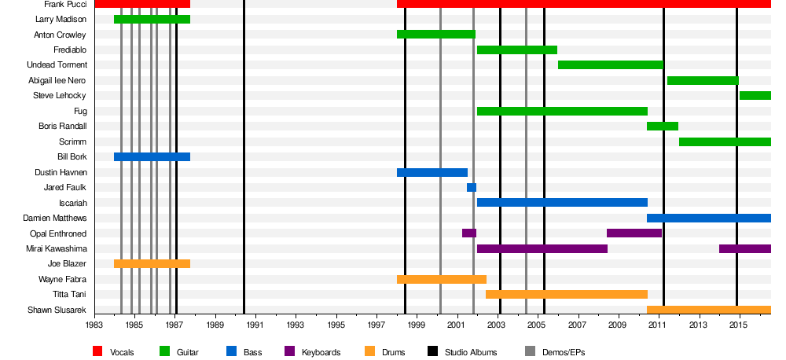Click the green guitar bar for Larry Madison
[152, 19]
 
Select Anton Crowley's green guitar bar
[436, 35]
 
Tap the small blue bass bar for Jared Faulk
[472, 188]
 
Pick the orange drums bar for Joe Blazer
[152, 264]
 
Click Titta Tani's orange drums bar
[566, 295]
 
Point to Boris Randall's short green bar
[663, 127]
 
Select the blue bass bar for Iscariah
[562, 203]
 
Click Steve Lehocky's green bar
[755, 96]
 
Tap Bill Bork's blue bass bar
[152, 157]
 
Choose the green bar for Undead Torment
[611, 65]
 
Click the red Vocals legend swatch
[98, 351]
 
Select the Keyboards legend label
[321, 352]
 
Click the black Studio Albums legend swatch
[433, 351]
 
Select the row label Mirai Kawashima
[56, 249]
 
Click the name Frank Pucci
[65, 5]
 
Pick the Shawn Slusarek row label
[57, 310]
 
